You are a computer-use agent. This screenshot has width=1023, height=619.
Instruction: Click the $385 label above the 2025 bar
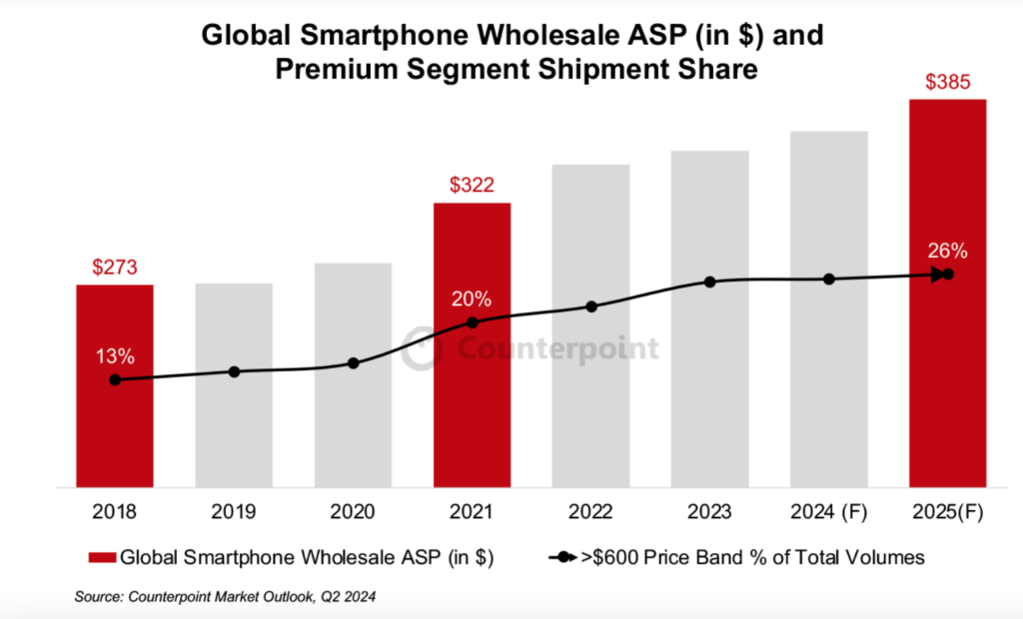coord(947,82)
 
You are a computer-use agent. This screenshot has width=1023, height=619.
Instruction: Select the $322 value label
coord(472,185)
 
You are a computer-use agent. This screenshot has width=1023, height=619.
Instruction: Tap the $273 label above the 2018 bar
coord(115,267)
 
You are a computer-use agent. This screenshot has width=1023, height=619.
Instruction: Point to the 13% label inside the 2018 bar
coord(115,356)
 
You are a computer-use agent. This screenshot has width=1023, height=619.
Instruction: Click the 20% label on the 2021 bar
coord(472,299)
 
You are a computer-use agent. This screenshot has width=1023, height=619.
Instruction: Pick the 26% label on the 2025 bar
coord(947,251)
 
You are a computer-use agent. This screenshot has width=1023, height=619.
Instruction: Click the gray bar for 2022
coord(590,399)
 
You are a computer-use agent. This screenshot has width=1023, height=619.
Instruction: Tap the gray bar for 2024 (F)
coord(828,399)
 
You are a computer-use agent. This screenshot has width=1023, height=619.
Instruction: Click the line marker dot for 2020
coord(353,362)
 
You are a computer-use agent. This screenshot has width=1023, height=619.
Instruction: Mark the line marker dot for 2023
coord(709,282)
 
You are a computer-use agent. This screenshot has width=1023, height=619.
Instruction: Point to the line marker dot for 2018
coord(115,379)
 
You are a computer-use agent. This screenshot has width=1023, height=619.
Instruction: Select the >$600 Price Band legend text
coord(752,557)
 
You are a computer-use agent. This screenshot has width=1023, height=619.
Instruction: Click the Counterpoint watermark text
coord(558,348)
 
